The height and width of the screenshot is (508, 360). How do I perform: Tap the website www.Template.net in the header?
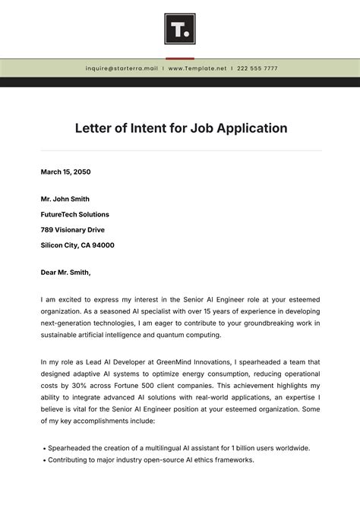pos(197,68)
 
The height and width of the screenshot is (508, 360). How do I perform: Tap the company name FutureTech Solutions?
pos(75,214)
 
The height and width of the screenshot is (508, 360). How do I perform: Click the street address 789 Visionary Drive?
pos(73,229)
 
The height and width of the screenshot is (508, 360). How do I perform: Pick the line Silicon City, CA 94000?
pos(77,245)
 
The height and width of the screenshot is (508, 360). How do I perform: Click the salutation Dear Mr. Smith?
pos(66,272)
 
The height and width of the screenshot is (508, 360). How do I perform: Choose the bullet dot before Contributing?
pos(43,460)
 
